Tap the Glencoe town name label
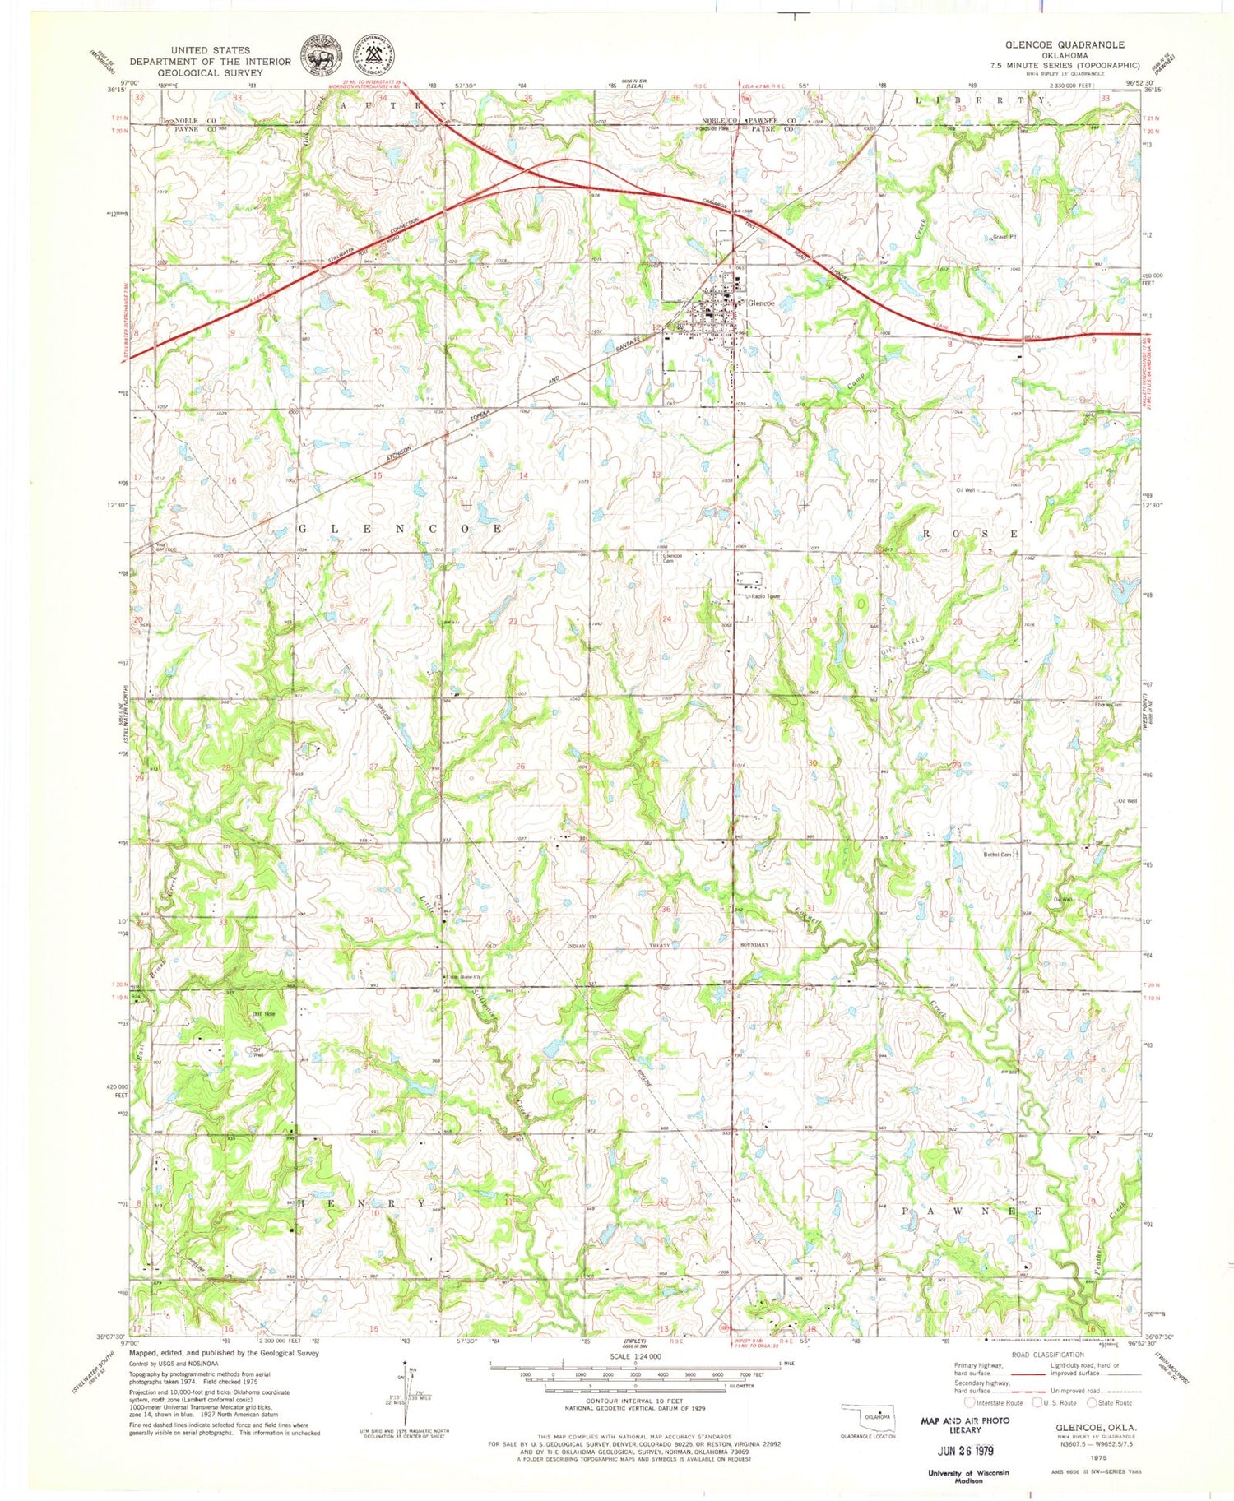(760, 303)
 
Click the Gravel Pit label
(1004, 237)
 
